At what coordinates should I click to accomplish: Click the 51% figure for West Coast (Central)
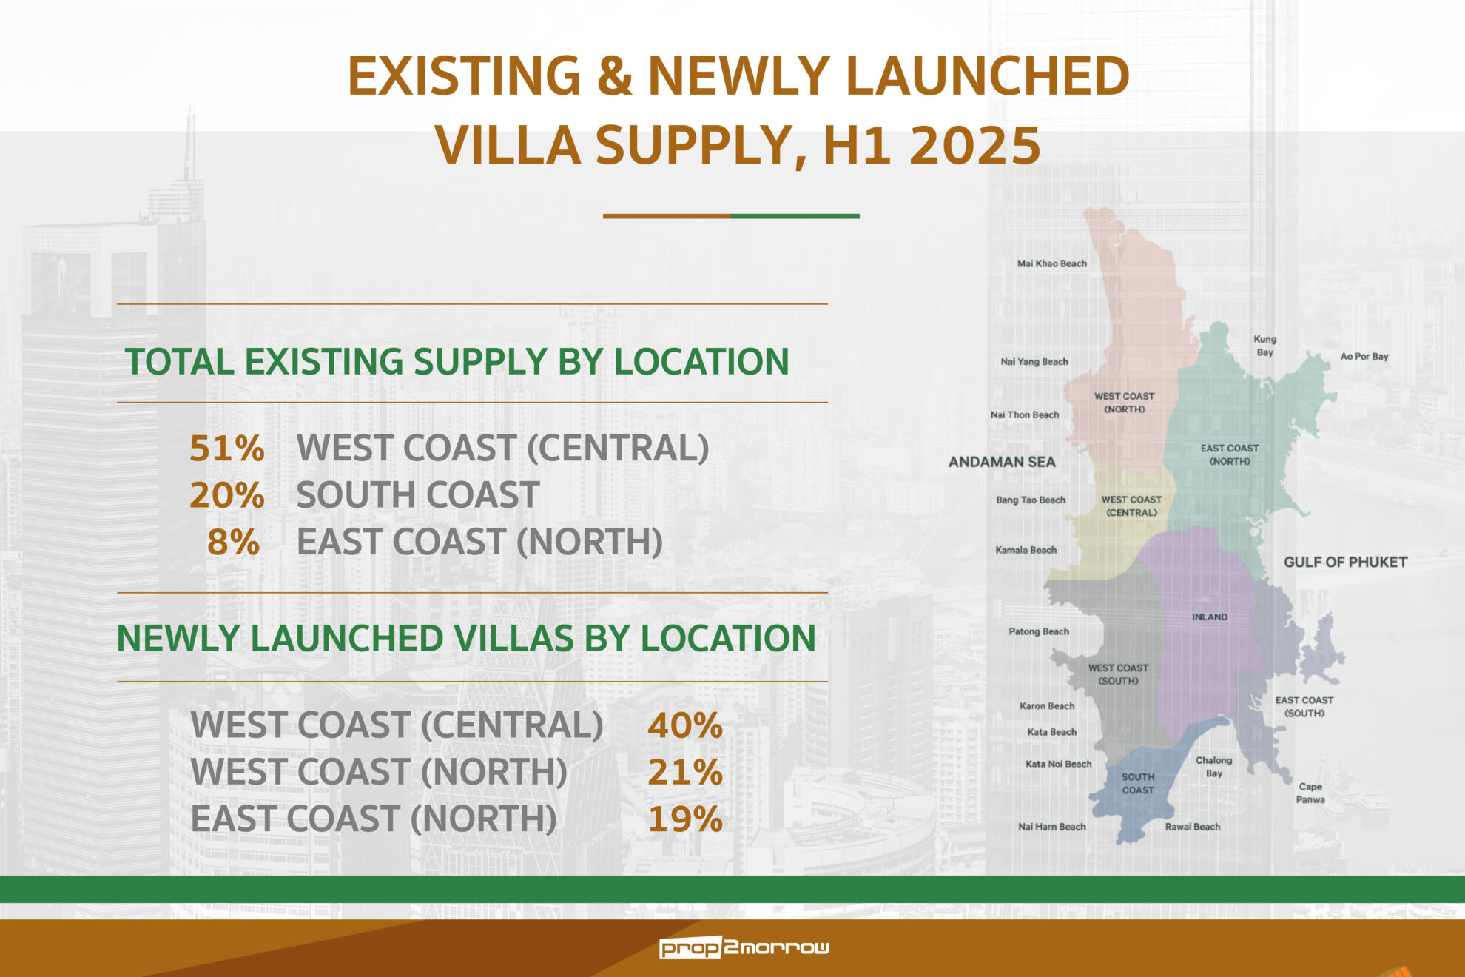(x=226, y=448)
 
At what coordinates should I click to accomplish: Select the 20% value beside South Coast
(x=226, y=495)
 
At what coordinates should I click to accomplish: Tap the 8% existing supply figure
(x=233, y=542)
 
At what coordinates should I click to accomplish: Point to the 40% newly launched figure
(x=684, y=725)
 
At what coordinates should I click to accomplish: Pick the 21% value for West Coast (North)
(x=684, y=772)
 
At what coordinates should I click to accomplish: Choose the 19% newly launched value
(x=684, y=819)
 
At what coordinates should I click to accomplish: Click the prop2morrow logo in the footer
(x=744, y=947)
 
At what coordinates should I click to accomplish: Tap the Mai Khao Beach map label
(x=1051, y=263)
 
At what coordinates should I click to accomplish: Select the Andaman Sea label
(x=1002, y=462)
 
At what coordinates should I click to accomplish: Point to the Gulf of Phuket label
(x=1345, y=562)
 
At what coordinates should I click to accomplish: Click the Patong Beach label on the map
(x=1039, y=631)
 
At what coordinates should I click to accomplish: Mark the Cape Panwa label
(x=1310, y=793)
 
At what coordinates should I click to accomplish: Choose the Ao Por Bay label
(x=1364, y=356)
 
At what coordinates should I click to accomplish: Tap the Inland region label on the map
(x=1210, y=617)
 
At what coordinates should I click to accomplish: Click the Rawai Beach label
(x=1193, y=827)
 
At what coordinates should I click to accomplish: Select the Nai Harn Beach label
(x=1052, y=827)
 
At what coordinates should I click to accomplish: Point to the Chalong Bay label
(x=1214, y=767)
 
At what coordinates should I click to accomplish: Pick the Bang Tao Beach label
(x=1031, y=500)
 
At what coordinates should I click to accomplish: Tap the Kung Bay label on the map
(x=1265, y=346)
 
